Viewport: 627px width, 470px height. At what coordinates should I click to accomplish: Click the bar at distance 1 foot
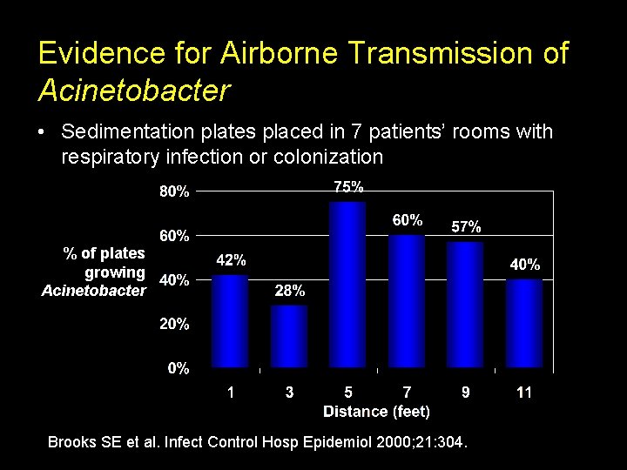tap(230, 321)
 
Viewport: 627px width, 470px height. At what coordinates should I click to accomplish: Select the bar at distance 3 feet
tap(289, 336)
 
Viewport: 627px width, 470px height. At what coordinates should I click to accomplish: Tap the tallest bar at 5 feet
tap(347, 285)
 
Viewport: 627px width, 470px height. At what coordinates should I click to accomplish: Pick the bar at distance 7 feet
tap(407, 301)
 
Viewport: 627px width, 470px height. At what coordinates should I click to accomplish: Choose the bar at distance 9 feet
tap(465, 305)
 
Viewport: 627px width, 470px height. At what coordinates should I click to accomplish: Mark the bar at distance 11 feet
tap(524, 323)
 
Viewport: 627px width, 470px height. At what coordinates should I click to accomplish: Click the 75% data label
tap(348, 186)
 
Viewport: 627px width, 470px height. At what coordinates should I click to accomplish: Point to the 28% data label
tap(289, 292)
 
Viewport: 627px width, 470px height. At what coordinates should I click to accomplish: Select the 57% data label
tap(466, 226)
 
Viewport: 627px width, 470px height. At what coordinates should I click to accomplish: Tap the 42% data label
tap(231, 260)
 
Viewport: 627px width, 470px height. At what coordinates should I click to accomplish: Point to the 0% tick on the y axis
tap(179, 368)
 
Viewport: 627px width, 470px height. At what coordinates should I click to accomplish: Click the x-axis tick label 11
tap(524, 393)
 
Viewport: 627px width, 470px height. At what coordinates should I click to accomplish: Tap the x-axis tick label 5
tap(347, 393)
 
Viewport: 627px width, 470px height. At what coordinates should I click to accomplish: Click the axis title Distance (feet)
tap(376, 411)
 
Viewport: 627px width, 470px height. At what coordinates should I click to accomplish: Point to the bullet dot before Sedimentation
tap(42, 132)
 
